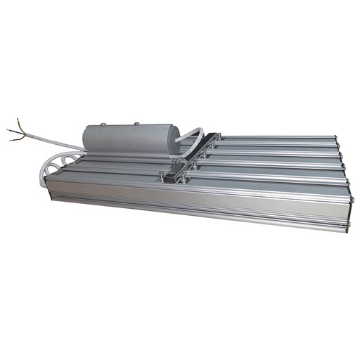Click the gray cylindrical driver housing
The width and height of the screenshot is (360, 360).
(x=130, y=139)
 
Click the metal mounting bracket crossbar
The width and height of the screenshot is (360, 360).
(x=190, y=159)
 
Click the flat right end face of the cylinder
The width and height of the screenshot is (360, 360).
(x=176, y=139)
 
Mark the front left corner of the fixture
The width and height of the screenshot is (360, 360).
(x=48, y=186)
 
